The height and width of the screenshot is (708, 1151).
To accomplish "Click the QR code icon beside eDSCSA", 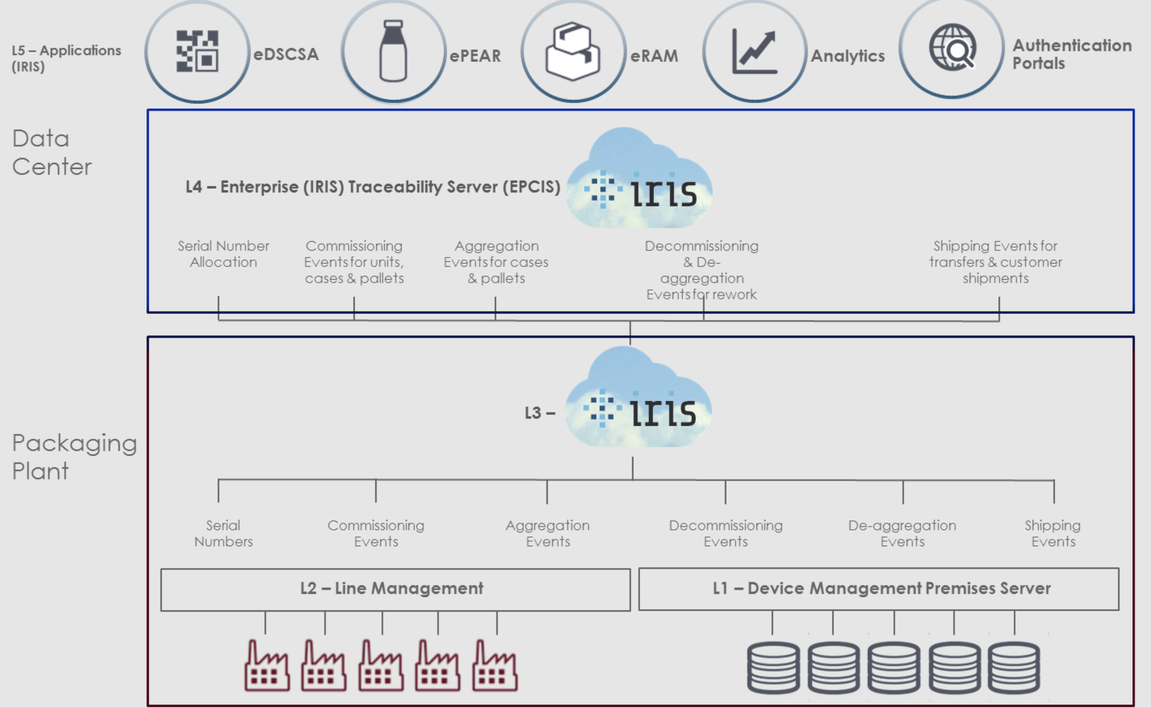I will tap(197, 51).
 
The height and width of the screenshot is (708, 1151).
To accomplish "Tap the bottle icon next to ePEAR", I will tap(393, 51).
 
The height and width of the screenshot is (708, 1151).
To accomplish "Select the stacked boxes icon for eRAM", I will tap(573, 51).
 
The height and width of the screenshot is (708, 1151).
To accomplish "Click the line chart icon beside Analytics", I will tap(754, 51).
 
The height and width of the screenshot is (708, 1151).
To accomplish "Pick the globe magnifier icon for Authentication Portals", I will tap(952, 48).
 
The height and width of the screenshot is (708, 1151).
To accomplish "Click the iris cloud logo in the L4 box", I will tap(639, 179).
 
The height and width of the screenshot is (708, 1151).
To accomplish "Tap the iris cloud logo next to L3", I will tap(638, 398).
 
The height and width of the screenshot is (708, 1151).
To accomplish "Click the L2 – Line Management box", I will tap(395, 589).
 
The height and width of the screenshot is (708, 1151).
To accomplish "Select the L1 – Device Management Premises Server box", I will tap(879, 589).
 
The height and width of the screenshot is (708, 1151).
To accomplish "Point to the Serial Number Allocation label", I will tap(223, 254).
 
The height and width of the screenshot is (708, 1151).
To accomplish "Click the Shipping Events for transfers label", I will tap(995, 262).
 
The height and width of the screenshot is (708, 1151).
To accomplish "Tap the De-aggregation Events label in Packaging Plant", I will tap(902, 533).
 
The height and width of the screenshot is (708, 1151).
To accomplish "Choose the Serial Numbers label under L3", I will tap(223, 533).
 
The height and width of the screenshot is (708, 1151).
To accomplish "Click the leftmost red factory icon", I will tap(267, 666).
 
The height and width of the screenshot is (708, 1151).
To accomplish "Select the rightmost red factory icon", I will tap(495, 666).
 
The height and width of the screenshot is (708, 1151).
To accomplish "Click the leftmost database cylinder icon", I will tap(773, 667).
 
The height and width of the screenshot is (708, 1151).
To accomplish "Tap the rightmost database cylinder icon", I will tap(1014, 667).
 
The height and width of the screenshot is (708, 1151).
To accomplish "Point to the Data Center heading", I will tap(52, 152).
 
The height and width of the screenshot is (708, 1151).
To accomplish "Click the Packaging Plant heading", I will tap(74, 457).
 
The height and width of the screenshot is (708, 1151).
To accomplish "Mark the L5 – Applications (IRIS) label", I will tap(66, 58).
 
